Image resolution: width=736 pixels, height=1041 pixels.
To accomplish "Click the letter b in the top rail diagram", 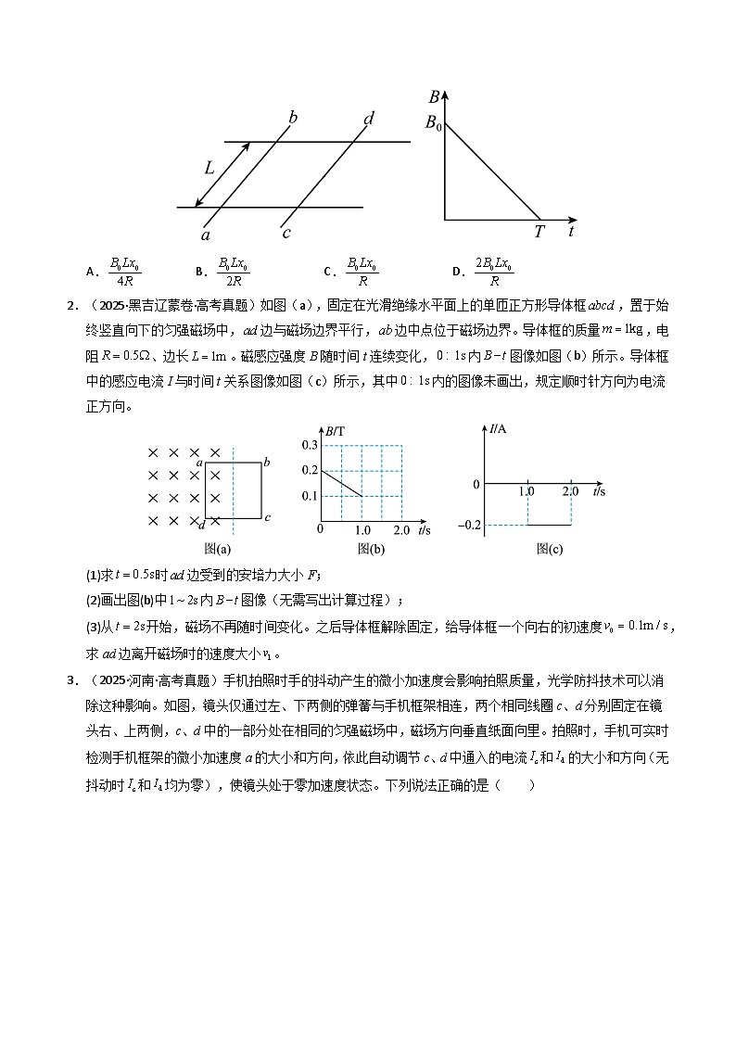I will (293, 117).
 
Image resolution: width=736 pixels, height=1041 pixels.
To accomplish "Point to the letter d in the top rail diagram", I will (369, 118).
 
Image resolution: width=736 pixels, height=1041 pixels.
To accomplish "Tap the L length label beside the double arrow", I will (209, 168).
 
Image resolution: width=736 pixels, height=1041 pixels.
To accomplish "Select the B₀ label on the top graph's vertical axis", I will (433, 121).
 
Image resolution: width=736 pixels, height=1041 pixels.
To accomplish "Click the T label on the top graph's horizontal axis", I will (539, 233).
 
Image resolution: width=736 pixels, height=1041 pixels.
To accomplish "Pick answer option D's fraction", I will (494, 271).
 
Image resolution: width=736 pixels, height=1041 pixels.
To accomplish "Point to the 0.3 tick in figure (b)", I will (310, 446).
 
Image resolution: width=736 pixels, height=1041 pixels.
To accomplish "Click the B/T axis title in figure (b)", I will (335, 429).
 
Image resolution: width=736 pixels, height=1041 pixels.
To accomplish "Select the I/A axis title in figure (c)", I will (498, 428).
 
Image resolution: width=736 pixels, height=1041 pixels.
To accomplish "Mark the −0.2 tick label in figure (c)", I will (469, 526).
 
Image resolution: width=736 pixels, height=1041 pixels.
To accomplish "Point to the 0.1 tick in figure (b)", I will (310, 496).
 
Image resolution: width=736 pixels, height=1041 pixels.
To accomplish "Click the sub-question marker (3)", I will (93, 628).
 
